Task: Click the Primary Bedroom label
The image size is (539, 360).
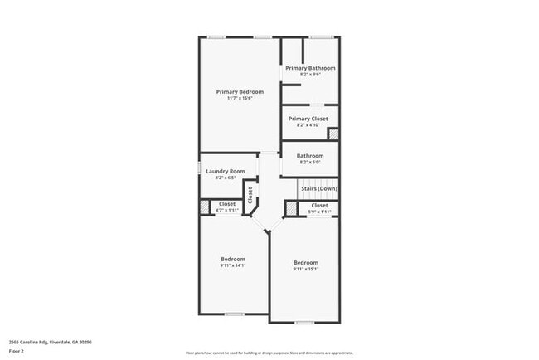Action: (x=240, y=91)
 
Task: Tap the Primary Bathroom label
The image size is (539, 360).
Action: (x=310, y=68)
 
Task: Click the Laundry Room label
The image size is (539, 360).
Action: (x=226, y=171)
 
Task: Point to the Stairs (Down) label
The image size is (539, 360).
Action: (x=319, y=189)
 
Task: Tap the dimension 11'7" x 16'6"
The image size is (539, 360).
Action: (x=240, y=98)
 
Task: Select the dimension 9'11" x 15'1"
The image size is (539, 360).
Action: (x=305, y=269)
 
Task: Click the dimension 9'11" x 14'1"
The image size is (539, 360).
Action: (x=233, y=265)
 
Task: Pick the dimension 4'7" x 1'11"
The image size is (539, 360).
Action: (x=227, y=211)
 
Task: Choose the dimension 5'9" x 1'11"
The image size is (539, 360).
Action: (x=319, y=212)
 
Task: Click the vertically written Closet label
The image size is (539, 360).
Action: (x=250, y=195)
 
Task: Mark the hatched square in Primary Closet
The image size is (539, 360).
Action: (x=333, y=134)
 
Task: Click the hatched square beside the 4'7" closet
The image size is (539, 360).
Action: (x=204, y=207)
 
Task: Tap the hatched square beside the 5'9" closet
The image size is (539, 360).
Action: (x=291, y=207)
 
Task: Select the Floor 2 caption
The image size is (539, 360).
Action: (x=17, y=351)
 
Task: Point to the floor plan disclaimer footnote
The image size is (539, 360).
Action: (x=269, y=353)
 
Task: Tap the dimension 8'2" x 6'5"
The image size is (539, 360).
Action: (x=226, y=178)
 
